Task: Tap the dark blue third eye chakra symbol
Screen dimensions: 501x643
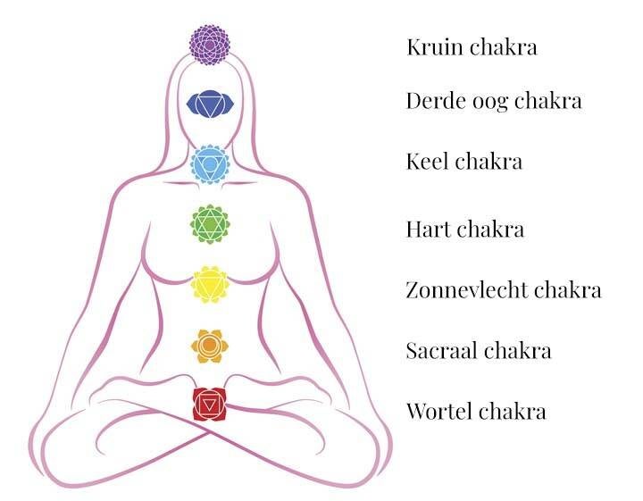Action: (x=210, y=104)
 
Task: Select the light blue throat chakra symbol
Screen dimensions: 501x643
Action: (x=210, y=164)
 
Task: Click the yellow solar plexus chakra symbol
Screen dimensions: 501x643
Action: (x=210, y=286)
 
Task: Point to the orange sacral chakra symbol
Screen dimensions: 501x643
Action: (x=209, y=345)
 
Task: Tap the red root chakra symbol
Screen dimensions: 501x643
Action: (x=210, y=405)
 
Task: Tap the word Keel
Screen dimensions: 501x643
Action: (x=426, y=162)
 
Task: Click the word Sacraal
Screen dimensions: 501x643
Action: (x=440, y=350)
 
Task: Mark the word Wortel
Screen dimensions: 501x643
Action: (x=438, y=412)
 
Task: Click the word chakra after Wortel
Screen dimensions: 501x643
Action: (x=512, y=412)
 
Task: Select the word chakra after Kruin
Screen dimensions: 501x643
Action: (x=504, y=47)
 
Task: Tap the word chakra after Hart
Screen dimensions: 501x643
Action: (x=490, y=230)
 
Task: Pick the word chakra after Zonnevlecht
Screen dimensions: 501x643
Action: (x=568, y=290)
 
